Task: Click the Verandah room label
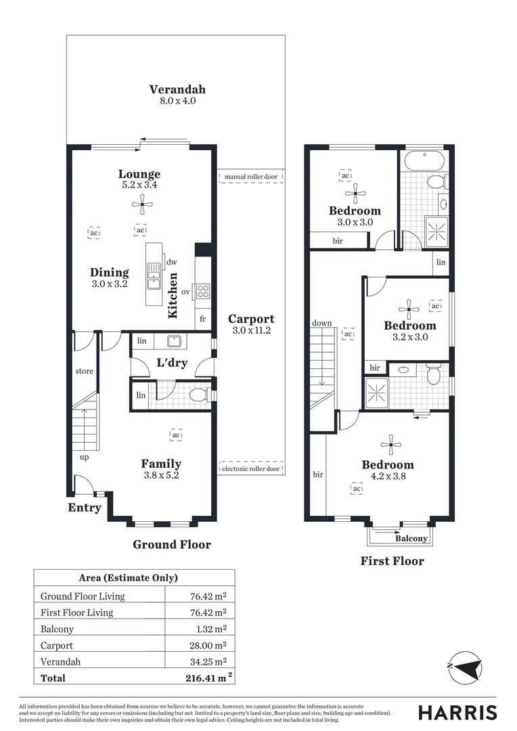(x=177, y=89)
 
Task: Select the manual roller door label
(x=250, y=177)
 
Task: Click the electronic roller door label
(x=250, y=468)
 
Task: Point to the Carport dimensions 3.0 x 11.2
(x=251, y=330)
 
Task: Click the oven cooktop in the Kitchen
(x=202, y=292)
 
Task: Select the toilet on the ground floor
(x=198, y=395)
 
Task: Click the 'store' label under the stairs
(x=85, y=372)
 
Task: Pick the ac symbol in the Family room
(x=176, y=435)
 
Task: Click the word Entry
(x=85, y=508)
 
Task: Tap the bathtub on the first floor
(x=423, y=162)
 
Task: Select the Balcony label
(x=411, y=539)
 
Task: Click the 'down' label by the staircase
(x=322, y=323)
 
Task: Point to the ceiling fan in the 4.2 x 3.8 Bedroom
(x=391, y=445)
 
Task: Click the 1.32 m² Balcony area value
(x=208, y=629)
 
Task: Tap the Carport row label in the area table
(x=57, y=646)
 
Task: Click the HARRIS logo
(x=457, y=712)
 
